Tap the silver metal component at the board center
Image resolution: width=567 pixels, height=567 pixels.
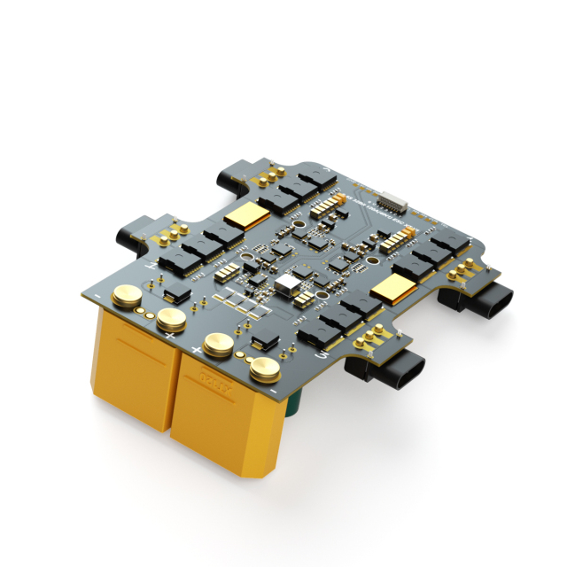tap(287, 285)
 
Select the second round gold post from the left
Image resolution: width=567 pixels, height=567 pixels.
tap(169, 320)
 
